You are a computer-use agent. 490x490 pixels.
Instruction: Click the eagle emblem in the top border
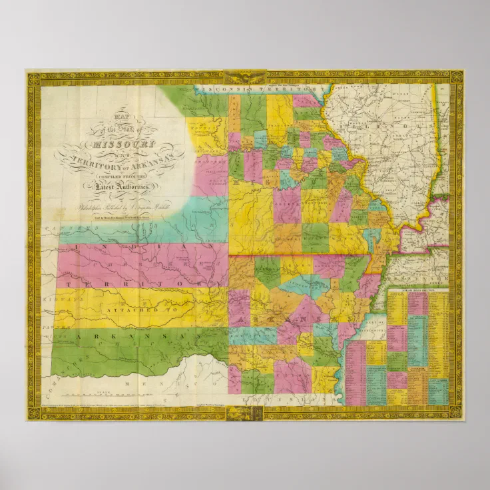(x=244, y=77)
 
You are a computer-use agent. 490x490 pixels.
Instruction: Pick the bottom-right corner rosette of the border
(x=456, y=413)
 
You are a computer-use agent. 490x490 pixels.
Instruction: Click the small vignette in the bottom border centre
(x=244, y=413)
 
